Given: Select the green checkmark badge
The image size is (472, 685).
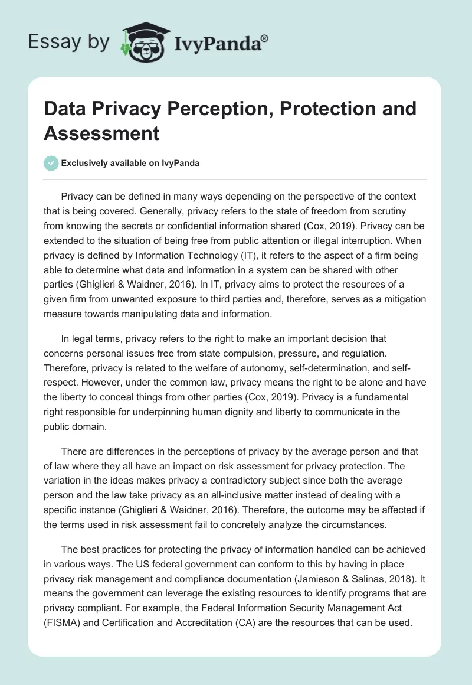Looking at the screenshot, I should [51, 163].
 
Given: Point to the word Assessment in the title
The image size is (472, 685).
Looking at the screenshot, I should [101, 133].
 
